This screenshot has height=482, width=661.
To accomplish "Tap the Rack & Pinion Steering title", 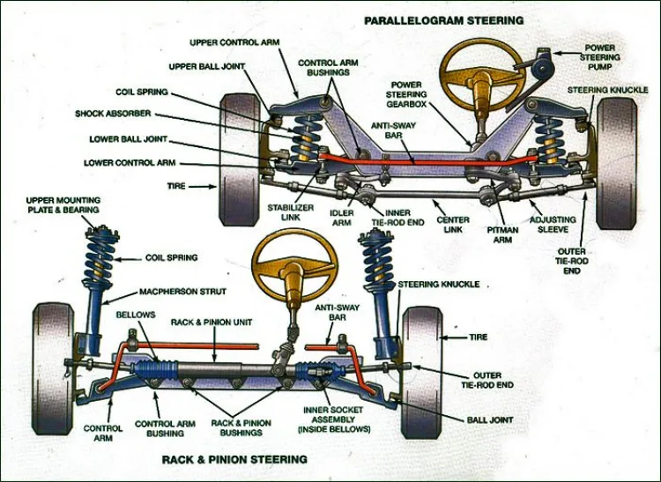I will point(234,459).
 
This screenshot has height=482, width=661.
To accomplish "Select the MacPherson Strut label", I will point(183,292).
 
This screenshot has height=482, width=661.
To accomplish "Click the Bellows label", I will point(135,314).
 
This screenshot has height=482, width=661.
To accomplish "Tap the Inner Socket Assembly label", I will point(336,419).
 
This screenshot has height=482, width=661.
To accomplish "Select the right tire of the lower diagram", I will point(422,371).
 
